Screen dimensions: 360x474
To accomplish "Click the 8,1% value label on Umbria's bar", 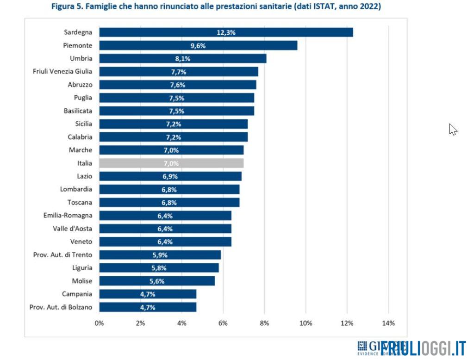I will pos(183,59).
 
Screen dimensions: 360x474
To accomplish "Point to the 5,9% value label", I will pos(160,255).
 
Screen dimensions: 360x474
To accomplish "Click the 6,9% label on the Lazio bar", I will pos(170,176).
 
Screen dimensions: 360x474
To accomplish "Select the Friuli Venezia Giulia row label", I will pos(62,71).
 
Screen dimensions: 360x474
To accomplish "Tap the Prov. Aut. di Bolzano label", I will pos(61,307).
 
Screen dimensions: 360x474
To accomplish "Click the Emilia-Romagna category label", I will pos(68,216).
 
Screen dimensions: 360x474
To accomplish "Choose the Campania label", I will pos(77,294).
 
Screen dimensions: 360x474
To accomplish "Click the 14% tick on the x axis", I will pos(388,323).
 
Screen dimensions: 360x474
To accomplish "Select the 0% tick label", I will pos(99,323).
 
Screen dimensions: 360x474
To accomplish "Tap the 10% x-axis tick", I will pos(306,323).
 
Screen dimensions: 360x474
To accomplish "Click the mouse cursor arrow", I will pos(453,129).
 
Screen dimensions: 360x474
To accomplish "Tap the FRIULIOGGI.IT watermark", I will pos(423,348).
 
